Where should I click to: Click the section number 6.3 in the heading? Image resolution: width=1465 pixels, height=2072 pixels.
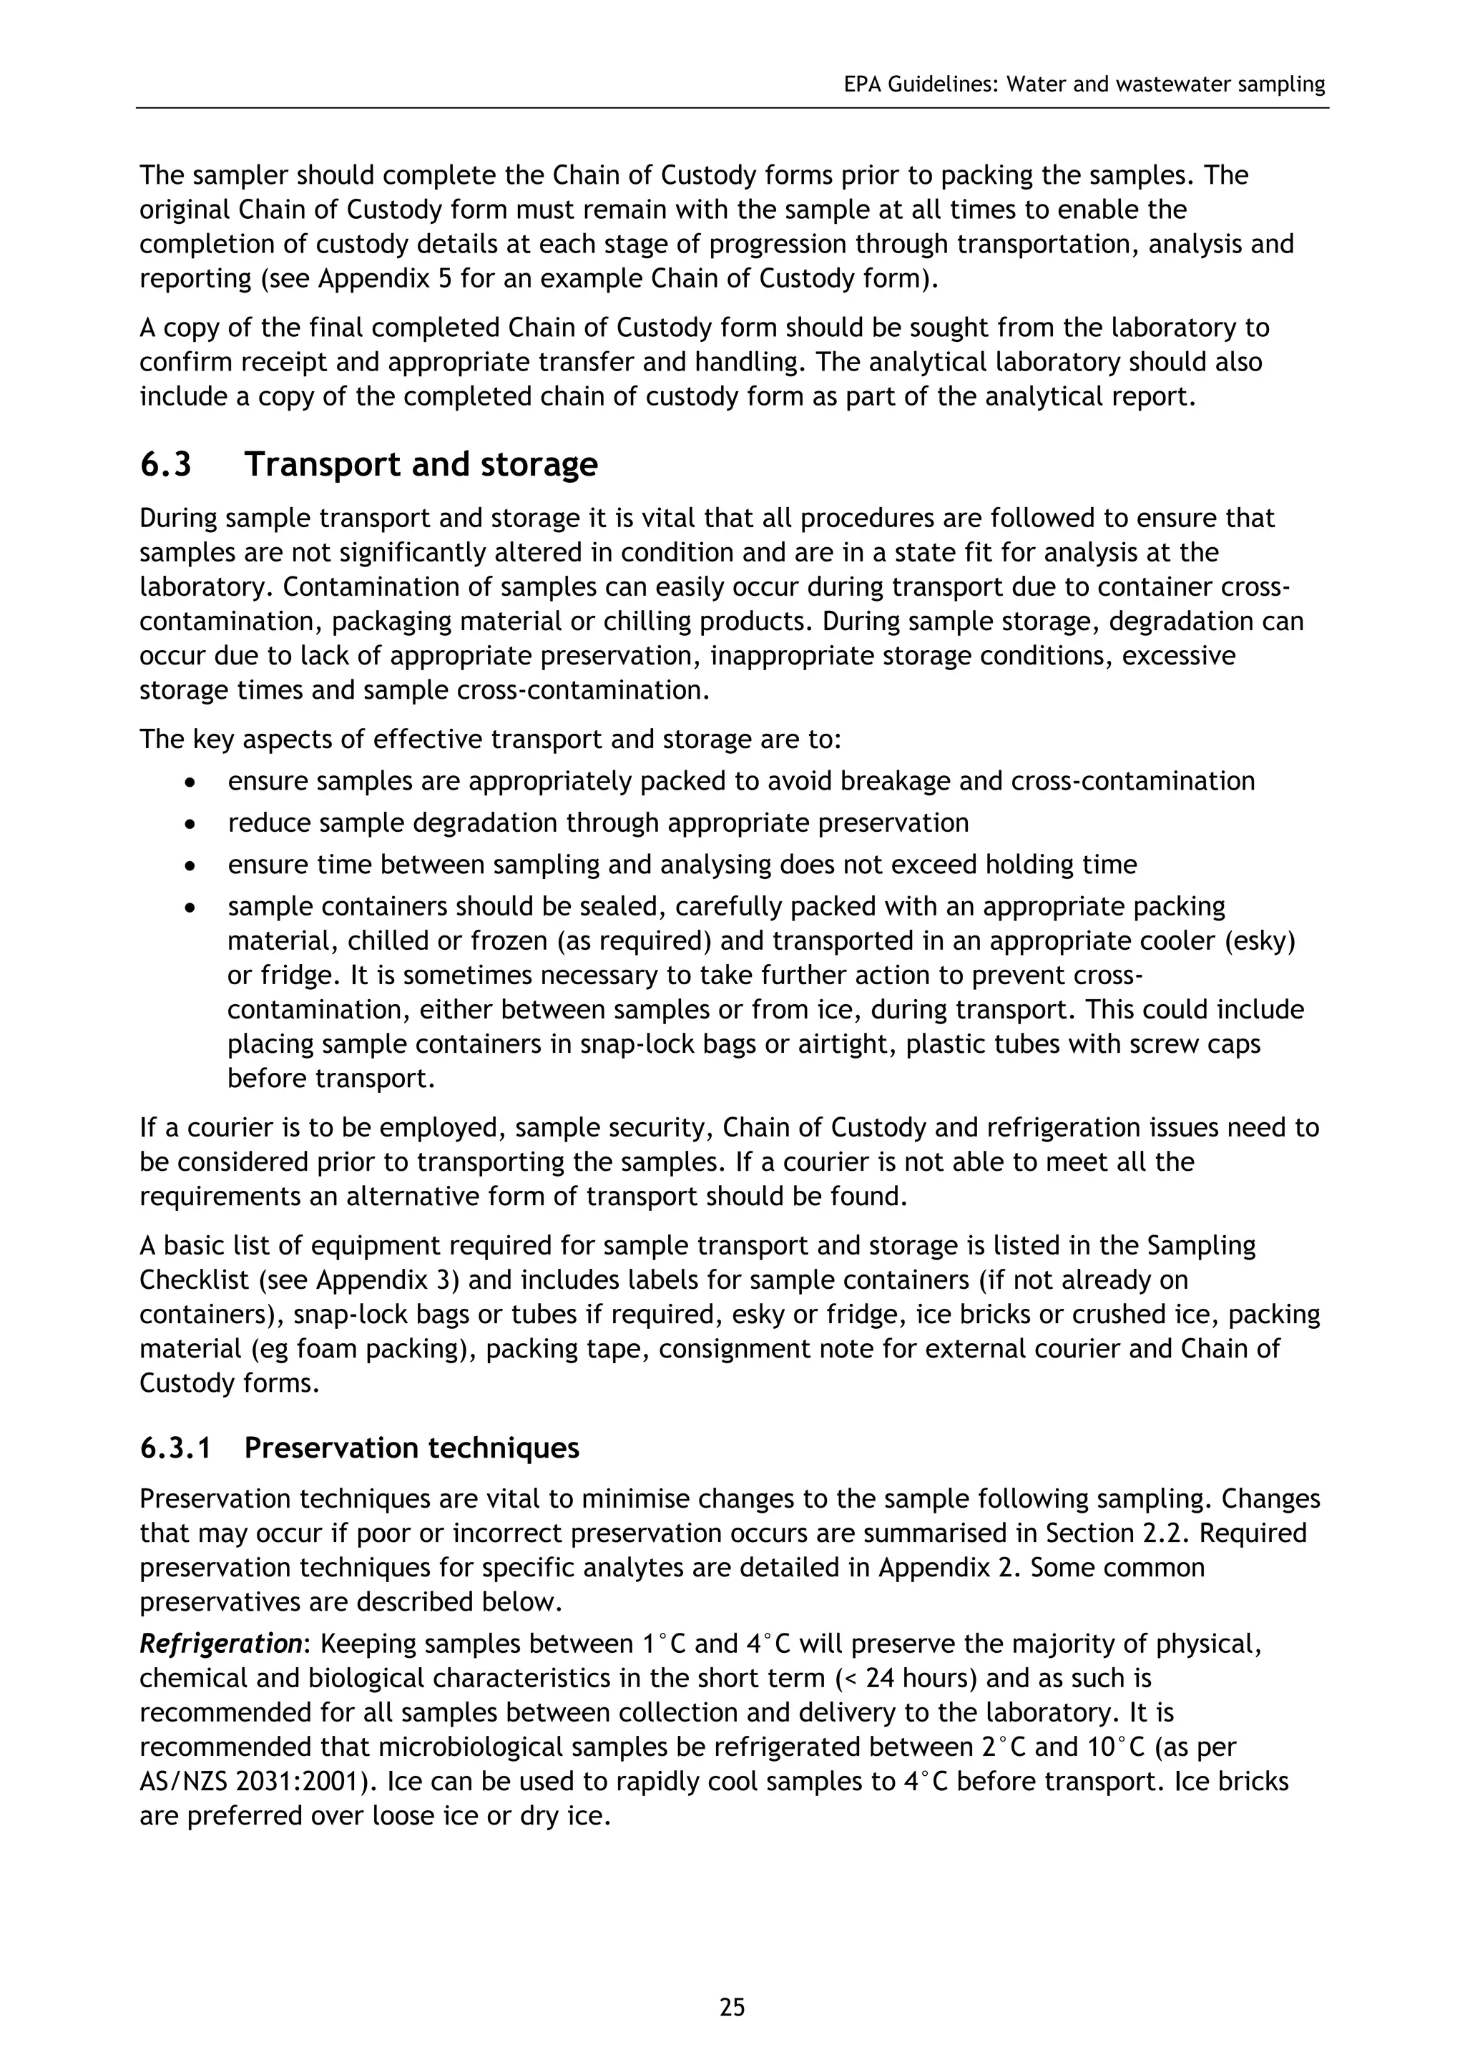(x=166, y=465)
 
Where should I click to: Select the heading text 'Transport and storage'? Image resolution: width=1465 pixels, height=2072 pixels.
(x=421, y=465)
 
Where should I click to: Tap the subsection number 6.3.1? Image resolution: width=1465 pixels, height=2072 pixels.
(x=175, y=1448)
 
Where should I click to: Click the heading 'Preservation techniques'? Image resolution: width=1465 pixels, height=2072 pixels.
(x=411, y=1448)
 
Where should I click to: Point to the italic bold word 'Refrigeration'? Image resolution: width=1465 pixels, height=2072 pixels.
(x=220, y=1644)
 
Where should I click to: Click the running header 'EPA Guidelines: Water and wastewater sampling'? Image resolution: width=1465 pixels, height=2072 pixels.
(x=1084, y=85)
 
